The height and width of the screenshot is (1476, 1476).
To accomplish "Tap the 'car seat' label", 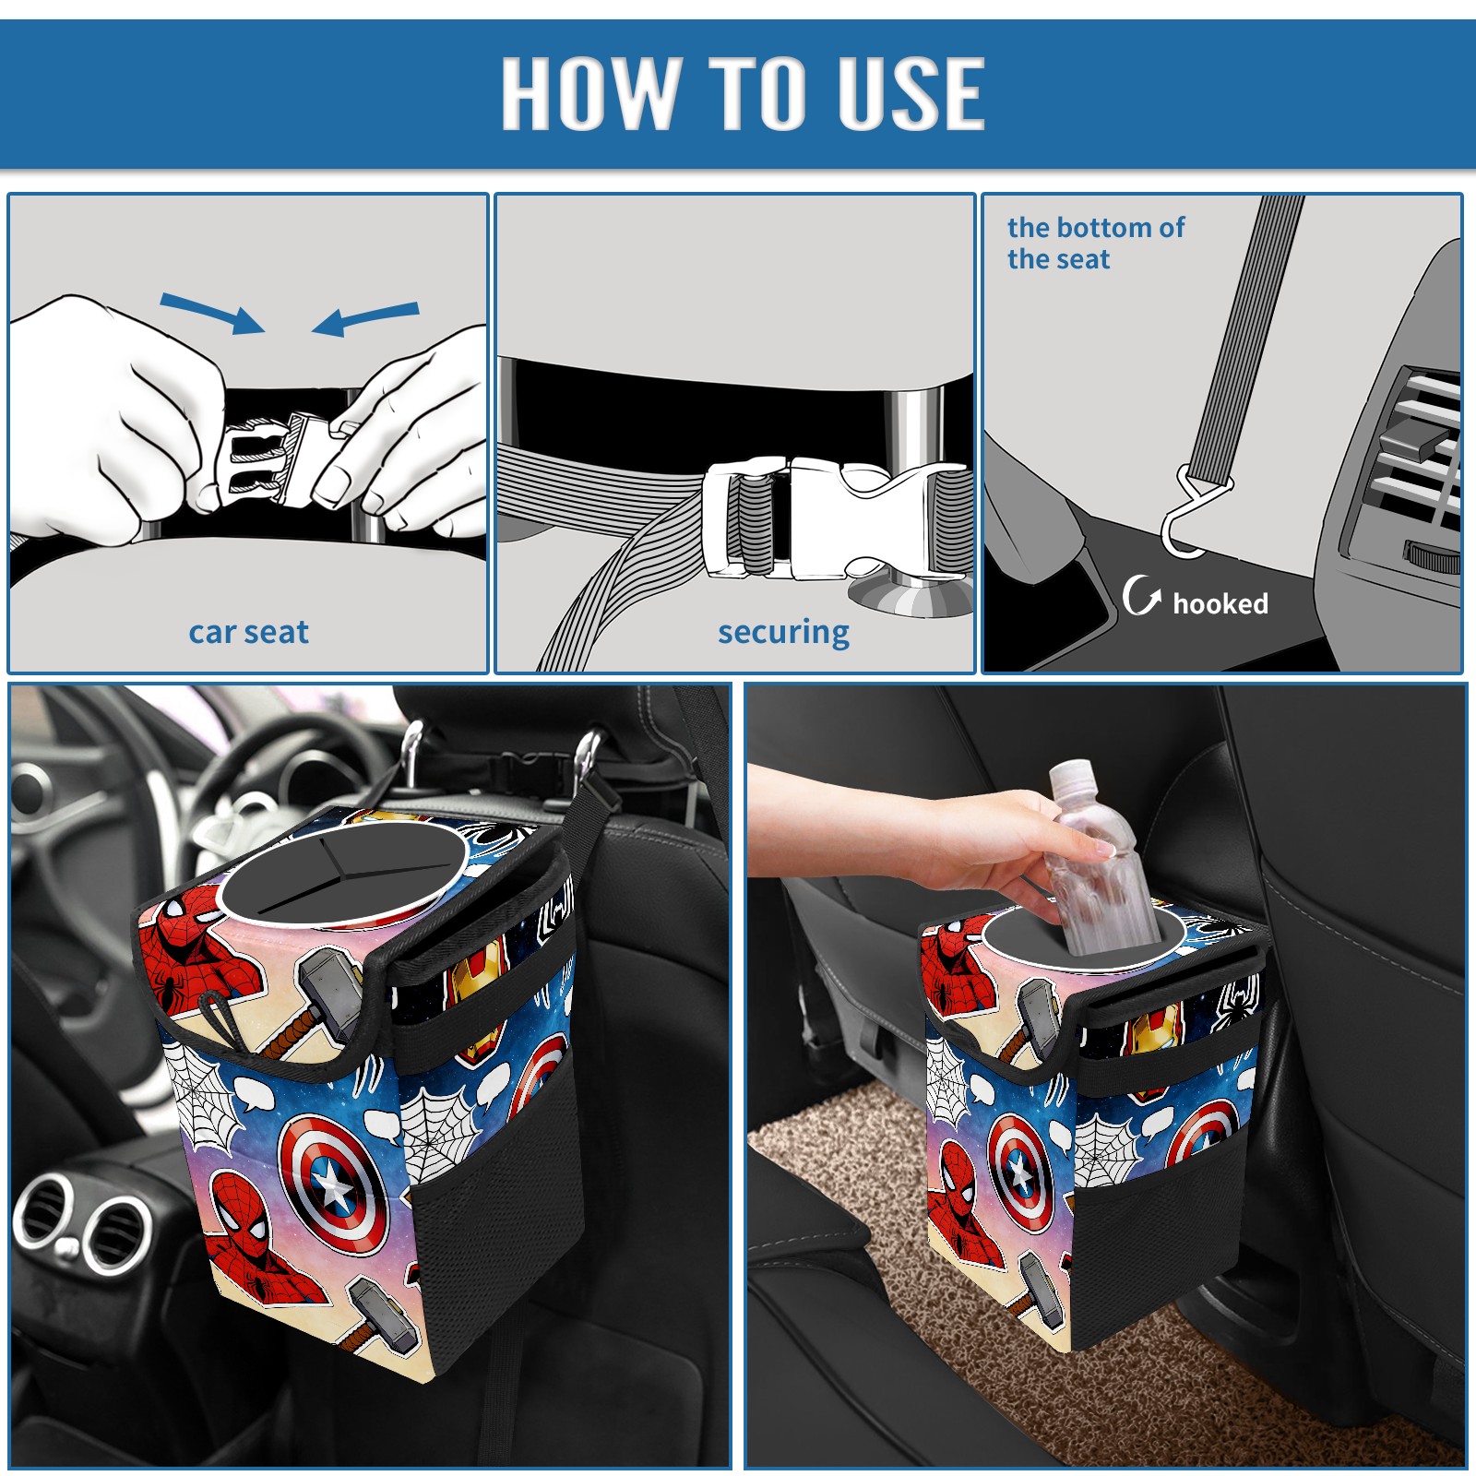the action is [x=248, y=632].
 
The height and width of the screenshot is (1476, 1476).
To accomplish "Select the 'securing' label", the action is [x=783, y=633].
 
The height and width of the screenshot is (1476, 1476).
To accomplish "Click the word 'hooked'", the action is [x=1220, y=603].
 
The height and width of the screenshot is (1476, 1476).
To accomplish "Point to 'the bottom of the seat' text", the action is [x=1096, y=243].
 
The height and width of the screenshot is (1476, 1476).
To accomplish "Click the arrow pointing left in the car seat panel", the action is [x=365, y=318].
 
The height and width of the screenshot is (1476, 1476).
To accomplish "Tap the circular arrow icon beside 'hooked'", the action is [x=1141, y=595].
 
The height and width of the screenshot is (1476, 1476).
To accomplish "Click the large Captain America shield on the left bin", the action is [x=333, y=1184].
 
